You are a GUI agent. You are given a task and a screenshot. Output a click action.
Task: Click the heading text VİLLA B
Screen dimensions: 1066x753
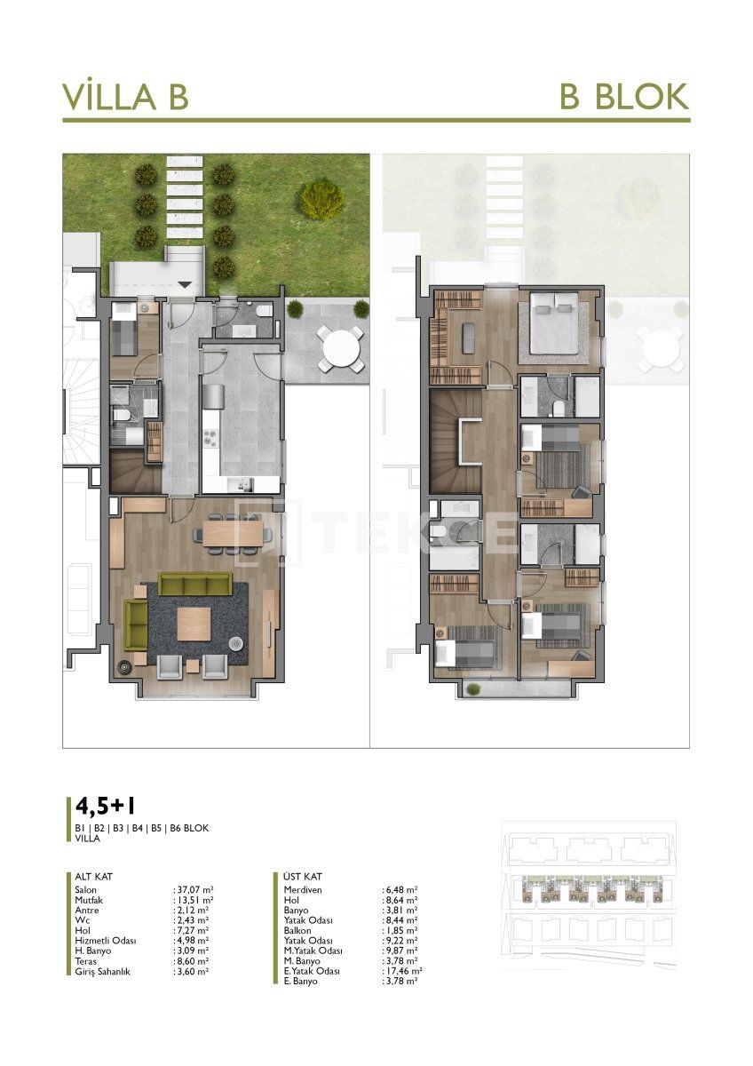pos(125,96)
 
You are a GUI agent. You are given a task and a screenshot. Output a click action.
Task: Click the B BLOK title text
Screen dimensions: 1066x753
pos(623,96)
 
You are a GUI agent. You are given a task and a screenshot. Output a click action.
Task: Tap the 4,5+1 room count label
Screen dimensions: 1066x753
pos(106,807)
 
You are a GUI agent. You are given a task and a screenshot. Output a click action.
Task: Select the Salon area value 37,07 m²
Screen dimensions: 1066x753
pos(194,889)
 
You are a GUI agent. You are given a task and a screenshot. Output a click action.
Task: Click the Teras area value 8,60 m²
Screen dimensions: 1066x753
pos(193,961)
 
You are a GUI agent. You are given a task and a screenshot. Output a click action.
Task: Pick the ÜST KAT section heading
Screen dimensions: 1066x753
pos(304,877)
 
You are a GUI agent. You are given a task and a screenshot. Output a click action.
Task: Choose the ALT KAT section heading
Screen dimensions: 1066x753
pos(94,877)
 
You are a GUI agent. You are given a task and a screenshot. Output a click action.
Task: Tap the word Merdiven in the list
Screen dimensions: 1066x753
pos(302,889)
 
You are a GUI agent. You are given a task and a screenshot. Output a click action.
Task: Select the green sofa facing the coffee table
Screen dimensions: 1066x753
pos(194,584)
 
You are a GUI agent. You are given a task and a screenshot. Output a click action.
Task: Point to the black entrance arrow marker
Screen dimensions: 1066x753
pos(185,284)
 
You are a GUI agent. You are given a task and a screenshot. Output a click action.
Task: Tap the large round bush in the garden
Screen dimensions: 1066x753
pos(321,198)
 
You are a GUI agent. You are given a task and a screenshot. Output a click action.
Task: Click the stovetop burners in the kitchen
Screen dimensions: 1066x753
pos(212,437)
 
